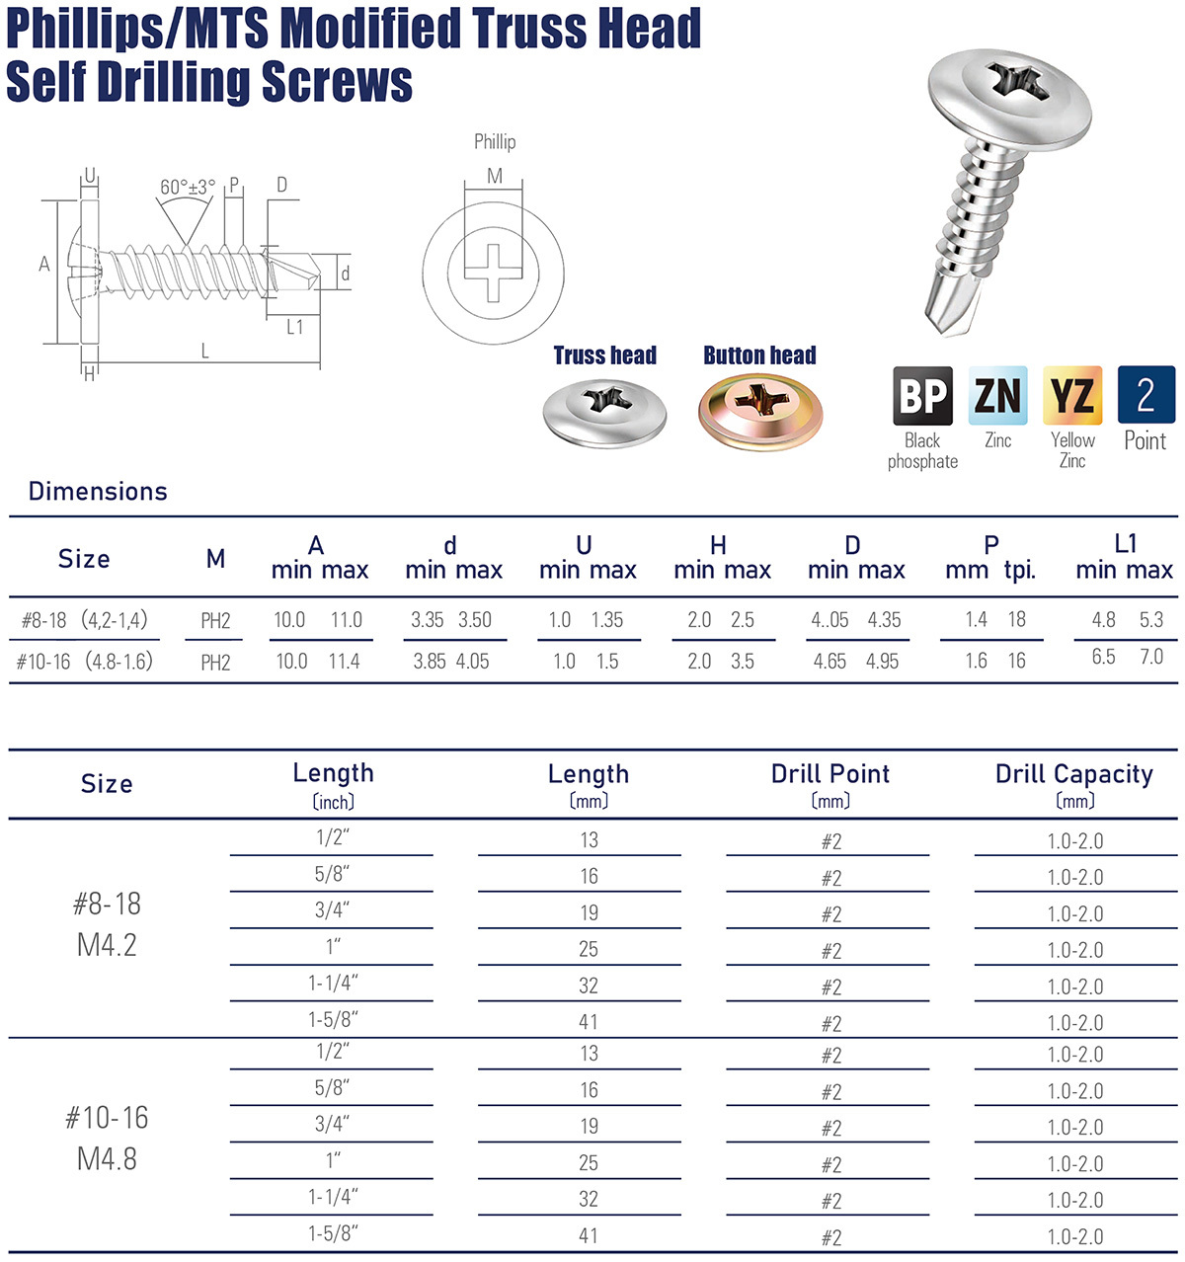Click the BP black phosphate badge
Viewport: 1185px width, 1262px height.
[922, 396]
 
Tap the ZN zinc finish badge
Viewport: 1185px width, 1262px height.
[997, 396]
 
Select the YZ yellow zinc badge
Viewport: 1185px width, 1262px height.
[1072, 396]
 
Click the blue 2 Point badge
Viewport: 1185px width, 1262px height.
[1145, 395]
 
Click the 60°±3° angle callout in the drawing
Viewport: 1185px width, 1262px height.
[188, 188]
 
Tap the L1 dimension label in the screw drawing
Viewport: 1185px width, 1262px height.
[294, 327]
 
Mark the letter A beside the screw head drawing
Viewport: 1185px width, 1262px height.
[44, 264]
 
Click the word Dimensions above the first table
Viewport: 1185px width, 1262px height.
[98, 491]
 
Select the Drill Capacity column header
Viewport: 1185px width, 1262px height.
[1073, 775]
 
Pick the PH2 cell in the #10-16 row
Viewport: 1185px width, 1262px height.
[215, 663]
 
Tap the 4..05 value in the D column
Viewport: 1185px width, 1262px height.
[829, 620]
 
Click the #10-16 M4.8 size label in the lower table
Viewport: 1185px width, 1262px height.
[107, 1138]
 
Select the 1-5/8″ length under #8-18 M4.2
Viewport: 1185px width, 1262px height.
[332, 1019]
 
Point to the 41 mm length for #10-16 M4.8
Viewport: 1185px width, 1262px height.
[589, 1235]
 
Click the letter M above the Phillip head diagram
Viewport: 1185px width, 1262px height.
[495, 176]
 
